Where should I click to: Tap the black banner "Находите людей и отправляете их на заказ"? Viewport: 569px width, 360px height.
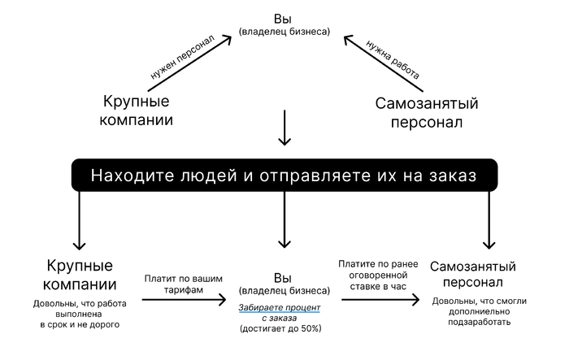click(x=283, y=176)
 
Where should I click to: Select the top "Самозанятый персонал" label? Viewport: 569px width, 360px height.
click(x=426, y=113)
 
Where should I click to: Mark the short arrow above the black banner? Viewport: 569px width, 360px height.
click(x=284, y=128)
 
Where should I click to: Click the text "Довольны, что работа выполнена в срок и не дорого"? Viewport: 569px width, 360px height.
click(x=80, y=313)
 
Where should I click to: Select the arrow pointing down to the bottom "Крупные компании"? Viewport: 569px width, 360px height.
click(x=80, y=219)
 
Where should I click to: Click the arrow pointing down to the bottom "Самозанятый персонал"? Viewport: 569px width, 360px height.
click(x=489, y=219)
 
